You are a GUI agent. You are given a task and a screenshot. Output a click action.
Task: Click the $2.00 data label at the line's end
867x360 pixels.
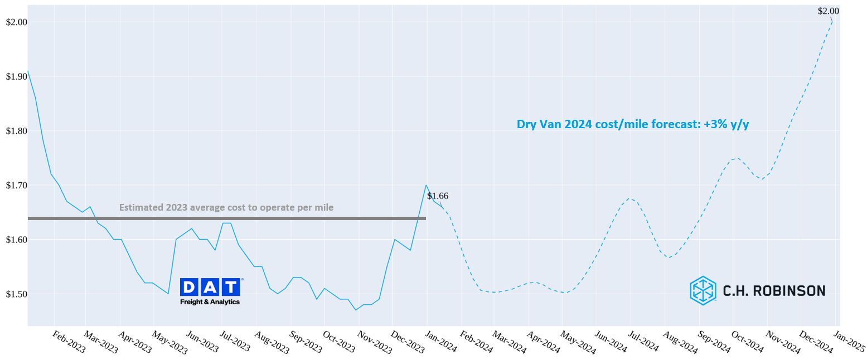[x=828, y=11]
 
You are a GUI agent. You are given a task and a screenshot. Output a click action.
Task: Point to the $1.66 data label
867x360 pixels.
[x=438, y=196]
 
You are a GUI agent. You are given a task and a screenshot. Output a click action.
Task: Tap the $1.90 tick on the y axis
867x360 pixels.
[x=16, y=76]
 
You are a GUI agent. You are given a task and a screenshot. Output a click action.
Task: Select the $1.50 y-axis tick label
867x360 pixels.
[x=16, y=294]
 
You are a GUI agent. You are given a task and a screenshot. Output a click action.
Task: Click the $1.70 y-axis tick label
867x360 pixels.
[x=16, y=186]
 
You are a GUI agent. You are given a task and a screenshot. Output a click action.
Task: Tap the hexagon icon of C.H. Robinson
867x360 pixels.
[x=703, y=290]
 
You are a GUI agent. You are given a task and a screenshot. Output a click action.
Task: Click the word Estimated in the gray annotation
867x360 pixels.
[x=141, y=208]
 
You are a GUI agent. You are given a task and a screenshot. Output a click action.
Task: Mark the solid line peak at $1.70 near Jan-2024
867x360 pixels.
[x=426, y=185]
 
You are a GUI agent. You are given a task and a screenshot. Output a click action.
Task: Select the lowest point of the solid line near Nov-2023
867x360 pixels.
[x=356, y=310]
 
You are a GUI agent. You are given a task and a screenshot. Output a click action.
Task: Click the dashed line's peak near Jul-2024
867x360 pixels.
[x=629, y=198]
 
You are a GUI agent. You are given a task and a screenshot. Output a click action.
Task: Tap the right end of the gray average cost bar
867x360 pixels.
[x=425, y=218]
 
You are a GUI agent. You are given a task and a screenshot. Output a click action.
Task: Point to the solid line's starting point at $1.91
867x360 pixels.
[x=28, y=71]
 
